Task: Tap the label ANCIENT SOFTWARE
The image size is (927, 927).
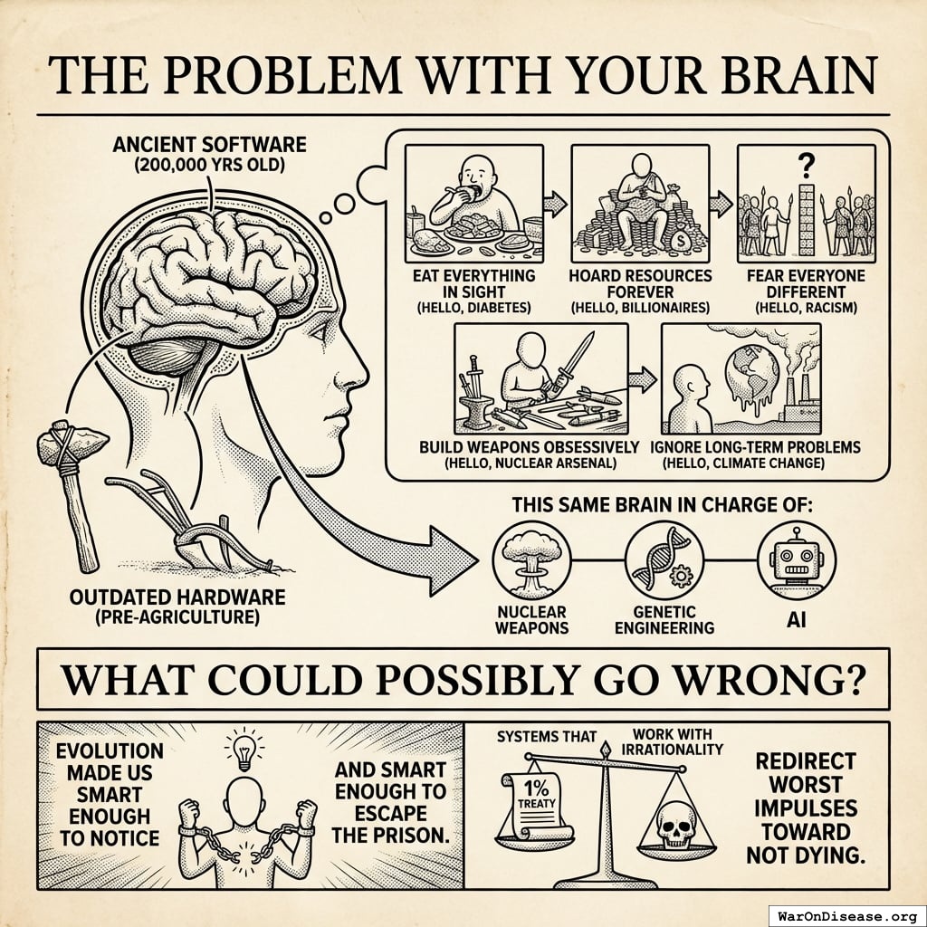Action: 209,144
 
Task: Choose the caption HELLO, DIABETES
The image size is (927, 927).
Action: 473,309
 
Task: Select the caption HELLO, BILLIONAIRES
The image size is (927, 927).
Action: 640,309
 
